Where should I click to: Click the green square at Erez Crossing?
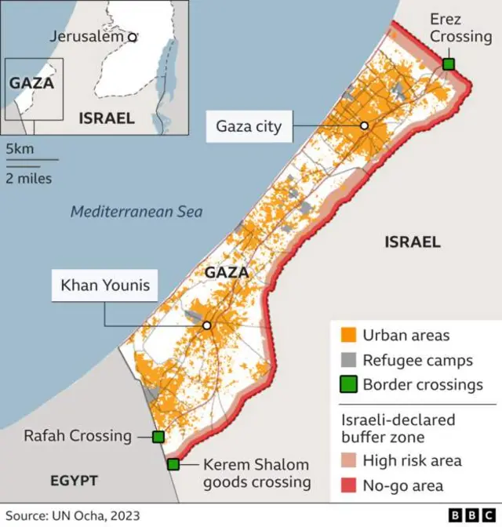pyautogui.click(x=449, y=64)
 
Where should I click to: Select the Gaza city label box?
pyautogui.click(x=249, y=126)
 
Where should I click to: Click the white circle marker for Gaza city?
pyautogui.click(x=364, y=125)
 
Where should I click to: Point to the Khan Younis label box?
pyautogui.click(x=105, y=285)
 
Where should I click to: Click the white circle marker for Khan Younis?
pyautogui.click(x=207, y=325)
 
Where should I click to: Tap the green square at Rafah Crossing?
pyautogui.click(x=158, y=437)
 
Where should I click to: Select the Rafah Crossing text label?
pyautogui.click(x=78, y=436)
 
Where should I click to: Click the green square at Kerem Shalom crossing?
pyautogui.click(x=173, y=464)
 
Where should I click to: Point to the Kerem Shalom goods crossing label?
pyautogui.click(x=256, y=474)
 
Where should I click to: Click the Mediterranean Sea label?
pyautogui.click(x=136, y=212)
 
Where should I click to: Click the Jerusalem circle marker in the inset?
pyautogui.click(x=133, y=36)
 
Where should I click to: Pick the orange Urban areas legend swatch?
pyautogui.click(x=349, y=335)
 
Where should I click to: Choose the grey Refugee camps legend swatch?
pyautogui.click(x=349, y=360)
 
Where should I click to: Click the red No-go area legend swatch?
pyautogui.click(x=349, y=486)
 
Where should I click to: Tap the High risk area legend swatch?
pyautogui.click(x=349, y=461)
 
